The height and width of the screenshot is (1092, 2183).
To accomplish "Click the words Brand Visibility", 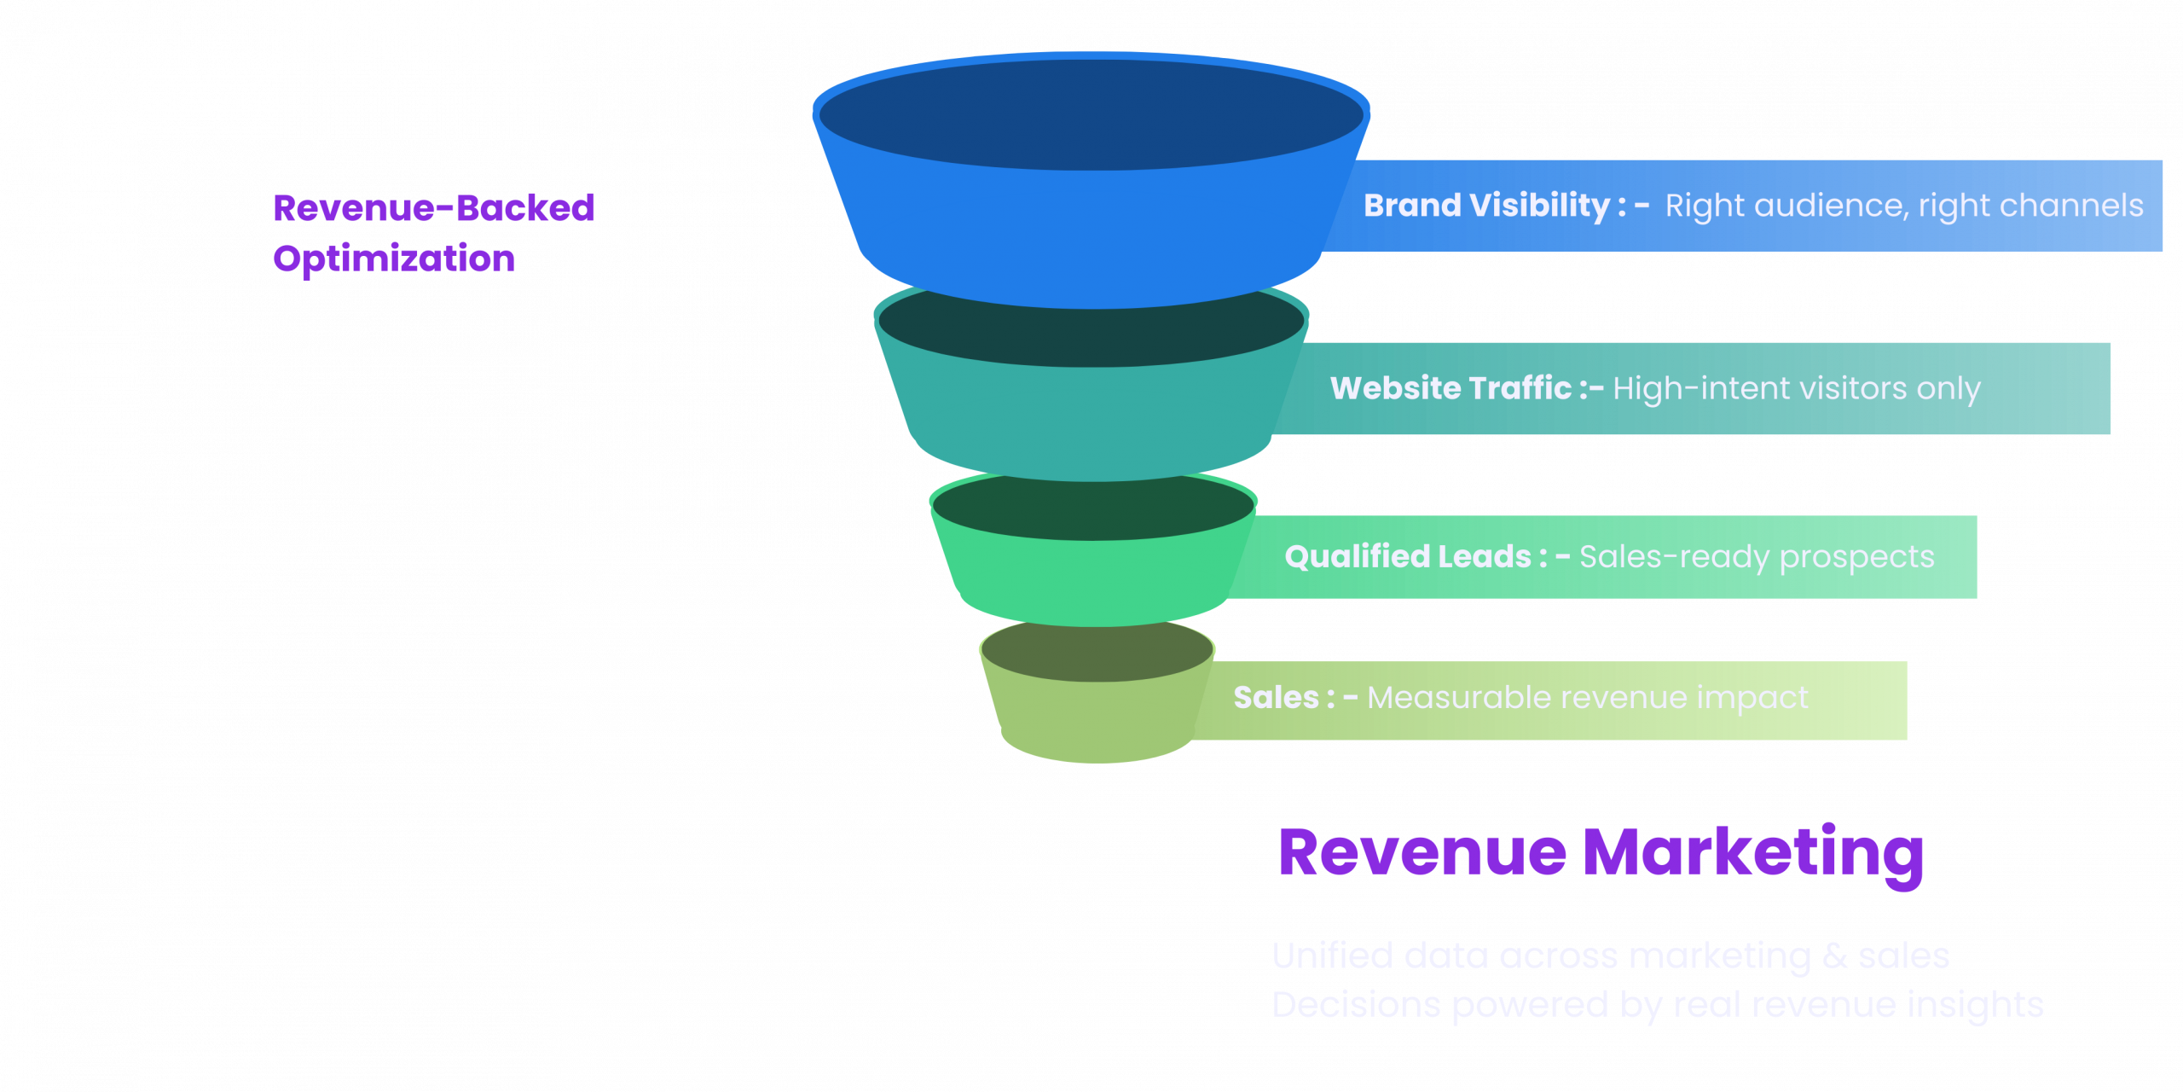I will pos(1486,206).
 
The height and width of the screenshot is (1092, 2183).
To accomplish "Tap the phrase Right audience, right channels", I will pos(1903,206).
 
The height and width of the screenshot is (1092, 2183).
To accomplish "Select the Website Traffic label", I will pos(1451,388).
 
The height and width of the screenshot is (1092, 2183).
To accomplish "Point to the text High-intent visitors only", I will pos(1796,388).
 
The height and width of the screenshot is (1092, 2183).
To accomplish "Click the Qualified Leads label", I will pos(1408,556).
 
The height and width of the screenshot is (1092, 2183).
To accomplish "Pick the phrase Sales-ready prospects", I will pos(1757,556).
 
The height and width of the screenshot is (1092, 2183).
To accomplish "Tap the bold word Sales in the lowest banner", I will pos(1276,697).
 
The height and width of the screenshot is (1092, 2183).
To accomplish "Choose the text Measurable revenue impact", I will pos(1587,697).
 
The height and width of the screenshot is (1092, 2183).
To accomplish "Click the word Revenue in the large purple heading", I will pos(1422,852).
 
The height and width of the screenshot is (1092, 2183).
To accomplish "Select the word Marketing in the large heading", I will pos(1753,852).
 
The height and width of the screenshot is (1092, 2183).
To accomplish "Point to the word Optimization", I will pos(394,258).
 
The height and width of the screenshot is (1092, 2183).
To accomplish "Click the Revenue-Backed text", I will pos(433,207).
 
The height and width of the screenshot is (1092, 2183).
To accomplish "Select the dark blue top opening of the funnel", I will pos(1091,113).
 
